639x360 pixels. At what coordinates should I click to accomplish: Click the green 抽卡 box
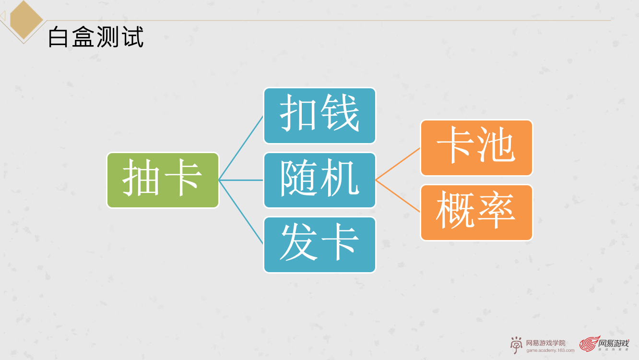(x=163, y=180)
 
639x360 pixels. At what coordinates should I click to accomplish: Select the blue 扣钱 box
(x=319, y=116)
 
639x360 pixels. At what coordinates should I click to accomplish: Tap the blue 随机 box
(x=319, y=180)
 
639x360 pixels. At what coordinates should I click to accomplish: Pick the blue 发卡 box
(x=319, y=245)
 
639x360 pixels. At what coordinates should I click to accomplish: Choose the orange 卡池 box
(x=476, y=148)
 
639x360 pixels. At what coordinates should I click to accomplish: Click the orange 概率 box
(x=476, y=213)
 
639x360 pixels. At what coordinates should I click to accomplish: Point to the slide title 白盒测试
(x=96, y=37)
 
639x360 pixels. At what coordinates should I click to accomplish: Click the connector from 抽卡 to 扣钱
(x=241, y=148)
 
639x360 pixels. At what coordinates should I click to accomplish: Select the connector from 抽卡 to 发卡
(x=241, y=212)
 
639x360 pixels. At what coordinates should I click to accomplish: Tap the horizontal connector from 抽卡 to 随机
(x=241, y=180)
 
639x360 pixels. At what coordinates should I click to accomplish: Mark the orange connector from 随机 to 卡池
(x=398, y=164)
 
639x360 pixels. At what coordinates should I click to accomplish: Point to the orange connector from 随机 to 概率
(x=398, y=196)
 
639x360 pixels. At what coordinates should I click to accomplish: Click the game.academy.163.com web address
(x=550, y=350)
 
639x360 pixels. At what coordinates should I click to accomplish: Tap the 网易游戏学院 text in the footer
(x=545, y=343)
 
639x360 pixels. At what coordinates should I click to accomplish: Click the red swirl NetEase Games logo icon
(x=588, y=344)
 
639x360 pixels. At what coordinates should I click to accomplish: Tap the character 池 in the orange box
(x=497, y=146)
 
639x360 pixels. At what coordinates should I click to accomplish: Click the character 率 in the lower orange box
(x=497, y=211)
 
